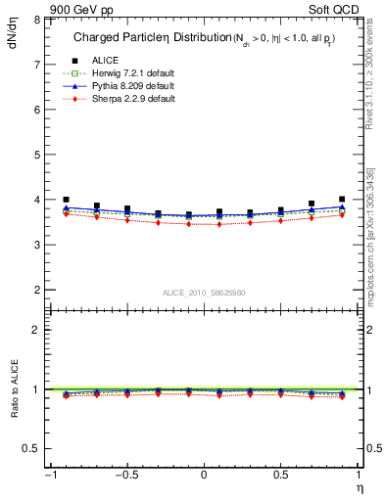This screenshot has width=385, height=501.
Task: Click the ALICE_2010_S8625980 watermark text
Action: coord(203,292)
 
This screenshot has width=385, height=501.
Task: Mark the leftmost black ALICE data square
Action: coord(66,200)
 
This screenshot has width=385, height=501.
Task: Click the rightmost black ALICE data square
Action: coord(342,200)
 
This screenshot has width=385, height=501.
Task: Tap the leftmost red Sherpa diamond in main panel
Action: coord(66,213)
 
